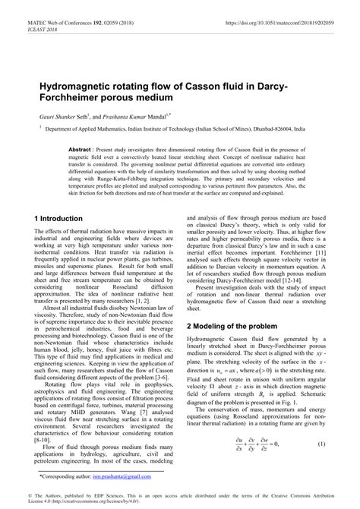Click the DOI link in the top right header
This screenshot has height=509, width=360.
[x=288, y=14]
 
